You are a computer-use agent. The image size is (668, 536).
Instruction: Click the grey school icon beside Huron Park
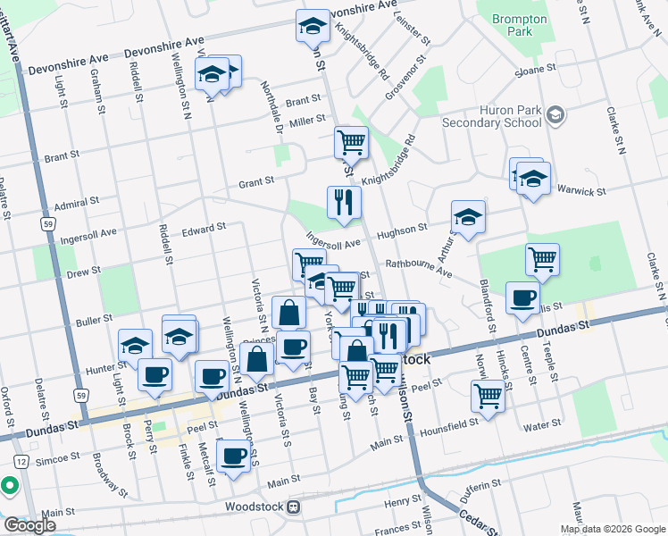coord(555,114)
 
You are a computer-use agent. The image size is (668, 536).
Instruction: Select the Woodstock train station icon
coord(294,507)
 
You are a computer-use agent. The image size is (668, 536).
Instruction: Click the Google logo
coord(29,525)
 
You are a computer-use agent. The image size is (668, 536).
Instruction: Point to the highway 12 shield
coord(20,459)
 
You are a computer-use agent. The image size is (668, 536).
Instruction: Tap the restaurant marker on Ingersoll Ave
coord(344,203)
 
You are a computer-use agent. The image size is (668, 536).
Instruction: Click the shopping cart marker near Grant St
coord(351,142)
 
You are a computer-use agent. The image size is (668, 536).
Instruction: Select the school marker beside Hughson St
coord(468,216)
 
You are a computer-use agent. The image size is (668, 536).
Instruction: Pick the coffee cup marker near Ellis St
coord(522,298)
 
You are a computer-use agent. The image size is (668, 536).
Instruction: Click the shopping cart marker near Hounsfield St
coord(488,395)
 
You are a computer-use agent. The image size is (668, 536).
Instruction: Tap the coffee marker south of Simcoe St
coord(234,455)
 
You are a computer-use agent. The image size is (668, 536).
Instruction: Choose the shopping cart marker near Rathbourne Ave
coord(542,259)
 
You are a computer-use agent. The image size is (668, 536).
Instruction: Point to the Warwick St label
coord(581,190)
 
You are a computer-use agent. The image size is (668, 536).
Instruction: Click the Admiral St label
coord(76,205)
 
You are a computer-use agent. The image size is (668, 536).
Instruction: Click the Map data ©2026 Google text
coord(612,529)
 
